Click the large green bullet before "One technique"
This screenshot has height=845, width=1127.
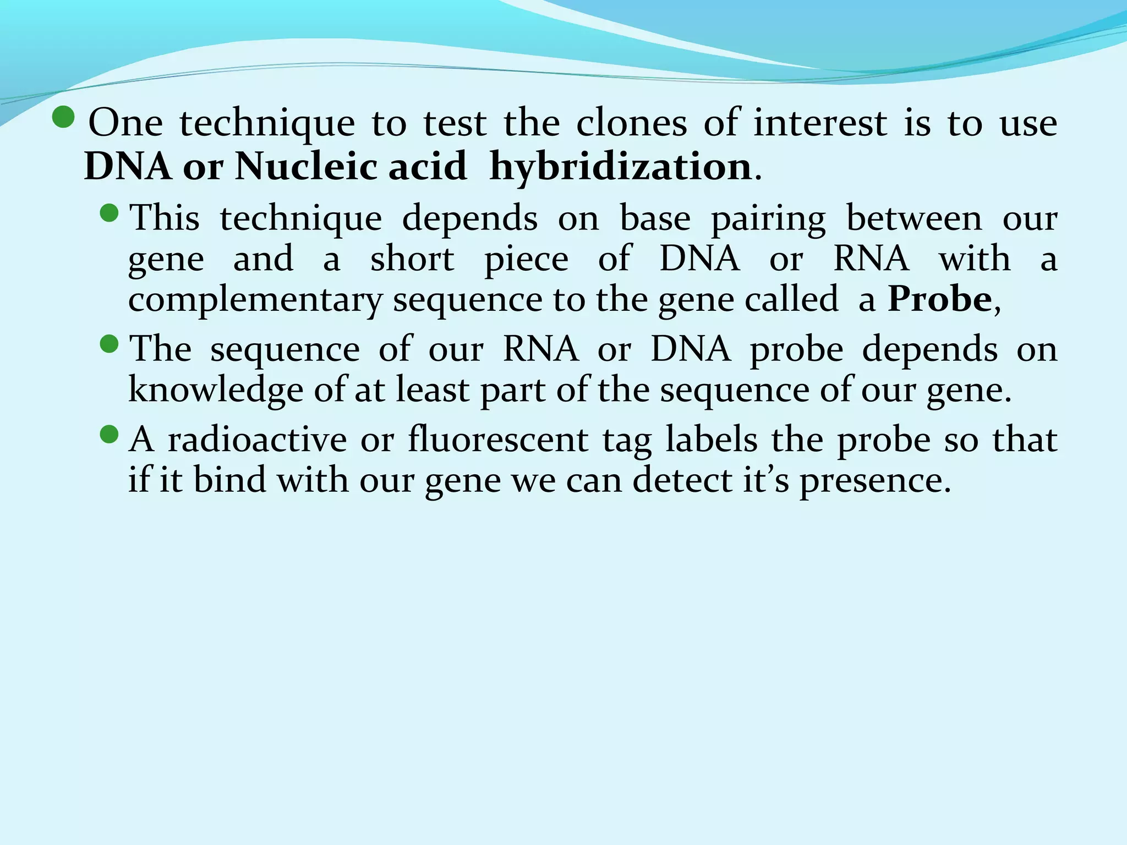64,117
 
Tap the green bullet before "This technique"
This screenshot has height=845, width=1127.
110,213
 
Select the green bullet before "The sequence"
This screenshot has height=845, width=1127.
110,344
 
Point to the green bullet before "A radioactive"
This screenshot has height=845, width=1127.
110,435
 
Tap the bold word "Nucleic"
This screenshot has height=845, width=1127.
306,166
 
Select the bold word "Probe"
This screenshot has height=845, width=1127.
940,299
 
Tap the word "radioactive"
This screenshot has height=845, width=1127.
257,440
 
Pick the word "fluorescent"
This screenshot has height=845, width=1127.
498,440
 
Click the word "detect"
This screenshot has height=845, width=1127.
682,480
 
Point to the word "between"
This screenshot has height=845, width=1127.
913,218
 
